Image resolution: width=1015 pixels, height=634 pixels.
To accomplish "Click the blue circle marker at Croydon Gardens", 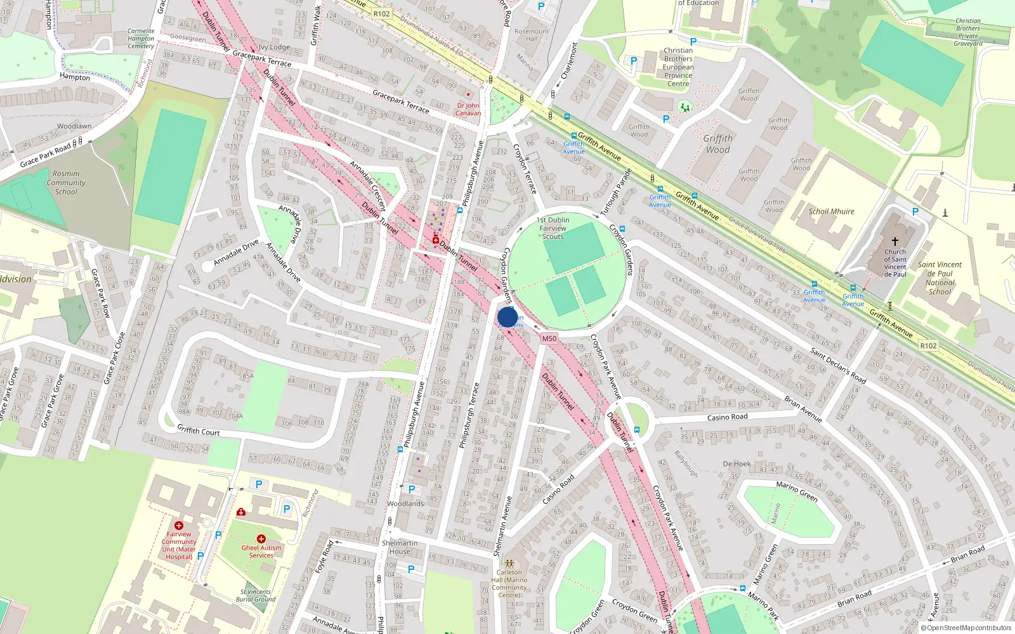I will click(x=507, y=316).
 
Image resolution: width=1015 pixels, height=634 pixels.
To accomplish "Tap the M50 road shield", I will click(x=549, y=339).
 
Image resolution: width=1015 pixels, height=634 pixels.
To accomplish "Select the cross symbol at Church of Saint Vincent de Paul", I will click(x=895, y=242).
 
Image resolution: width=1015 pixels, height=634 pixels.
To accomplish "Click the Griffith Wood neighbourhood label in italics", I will click(x=717, y=144).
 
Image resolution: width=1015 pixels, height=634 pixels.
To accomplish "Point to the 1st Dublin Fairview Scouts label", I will click(x=553, y=228).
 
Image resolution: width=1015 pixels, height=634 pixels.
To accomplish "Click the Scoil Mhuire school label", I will click(x=831, y=211).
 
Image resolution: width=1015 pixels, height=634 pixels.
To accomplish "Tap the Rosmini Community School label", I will click(x=66, y=183).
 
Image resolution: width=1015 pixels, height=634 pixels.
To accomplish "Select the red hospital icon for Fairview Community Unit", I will click(x=179, y=526).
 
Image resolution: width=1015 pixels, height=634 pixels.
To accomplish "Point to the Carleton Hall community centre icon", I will click(x=509, y=563).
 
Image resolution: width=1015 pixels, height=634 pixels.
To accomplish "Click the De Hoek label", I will click(x=737, y=464).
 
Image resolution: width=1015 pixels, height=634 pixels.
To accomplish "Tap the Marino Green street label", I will click(x=797, y=491).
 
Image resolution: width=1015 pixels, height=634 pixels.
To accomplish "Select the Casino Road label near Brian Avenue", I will click(x=727, y=417).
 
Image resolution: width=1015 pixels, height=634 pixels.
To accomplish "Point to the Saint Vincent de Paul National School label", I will click(x=940, y=278).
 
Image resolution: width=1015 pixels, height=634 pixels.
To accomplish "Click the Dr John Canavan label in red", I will click(x=468, y=109).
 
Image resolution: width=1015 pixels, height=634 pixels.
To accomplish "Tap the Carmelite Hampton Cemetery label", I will click(x=141, y=38).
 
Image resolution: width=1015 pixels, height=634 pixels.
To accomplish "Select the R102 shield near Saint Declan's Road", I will click(x=928, y=346).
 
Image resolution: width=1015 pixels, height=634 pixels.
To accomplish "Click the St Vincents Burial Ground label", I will click(x=256, y=595).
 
